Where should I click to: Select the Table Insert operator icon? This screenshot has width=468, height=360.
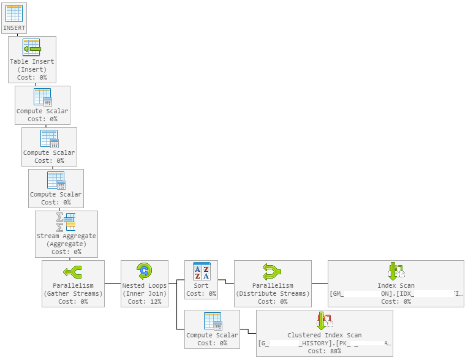[x=31, y=48]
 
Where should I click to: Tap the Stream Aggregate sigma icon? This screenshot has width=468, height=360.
[x=66, y=222]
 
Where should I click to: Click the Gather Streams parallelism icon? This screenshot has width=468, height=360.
[x=73, y=271]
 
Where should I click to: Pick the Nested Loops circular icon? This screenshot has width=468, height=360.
[x=144, y=271]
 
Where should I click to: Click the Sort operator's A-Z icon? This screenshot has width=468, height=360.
[x=201, y=271]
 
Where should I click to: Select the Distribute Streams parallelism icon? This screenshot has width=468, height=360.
[x=273, y=271]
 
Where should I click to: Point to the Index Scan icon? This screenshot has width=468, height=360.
[x=396, y=271]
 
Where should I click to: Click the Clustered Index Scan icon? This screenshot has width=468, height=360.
[x=324, y=321]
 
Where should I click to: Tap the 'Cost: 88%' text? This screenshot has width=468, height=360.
[x=324, y=351]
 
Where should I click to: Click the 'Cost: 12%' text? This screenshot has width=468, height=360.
[x=144, y=301]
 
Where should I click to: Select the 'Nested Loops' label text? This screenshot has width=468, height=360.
[x=144, y=285]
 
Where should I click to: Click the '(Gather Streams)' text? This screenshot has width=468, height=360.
[x=73, y=293]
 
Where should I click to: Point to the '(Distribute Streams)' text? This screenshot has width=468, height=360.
[x=273, y=293]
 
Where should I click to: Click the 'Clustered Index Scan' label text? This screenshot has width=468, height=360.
[x=324, y=336]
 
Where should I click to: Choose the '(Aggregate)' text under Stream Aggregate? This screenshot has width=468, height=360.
[x=66, y=244]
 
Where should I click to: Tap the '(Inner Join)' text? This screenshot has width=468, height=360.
[x=144, y=293]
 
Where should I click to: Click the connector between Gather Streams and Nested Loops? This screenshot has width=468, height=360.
[x=112, y=283]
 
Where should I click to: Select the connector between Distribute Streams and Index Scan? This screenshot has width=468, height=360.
[x=319, y=283]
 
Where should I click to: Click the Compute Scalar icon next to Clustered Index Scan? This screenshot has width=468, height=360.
[x=212, y=321]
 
